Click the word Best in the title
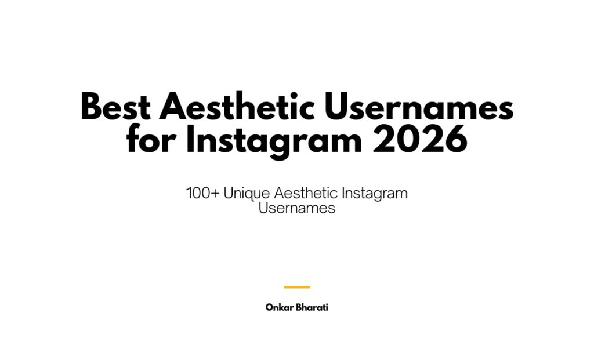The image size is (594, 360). tap(114, 108)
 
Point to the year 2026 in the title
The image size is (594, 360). tap(420, 140)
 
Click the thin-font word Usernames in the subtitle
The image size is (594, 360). tap(297, 209)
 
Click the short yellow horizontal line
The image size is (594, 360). tap(297, 287)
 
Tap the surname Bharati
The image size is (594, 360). tap(313, 307)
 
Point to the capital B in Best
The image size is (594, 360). tap(91, 108)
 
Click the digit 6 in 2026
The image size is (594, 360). tap(454, 140)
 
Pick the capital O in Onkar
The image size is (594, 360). tap(269, 307)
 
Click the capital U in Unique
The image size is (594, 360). tap(228, 194)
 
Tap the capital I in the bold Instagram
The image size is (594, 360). tap(190, 140)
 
